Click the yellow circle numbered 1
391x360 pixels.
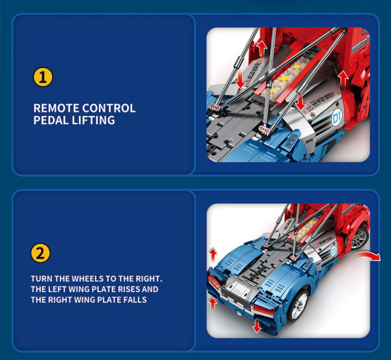pyautogui.click(x=43, y=78)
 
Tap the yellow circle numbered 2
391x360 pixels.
pyautogui.click(x=41, y=254)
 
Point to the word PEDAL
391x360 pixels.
pyautogui.click(x=51, y=121)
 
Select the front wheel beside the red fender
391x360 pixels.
pyautogui.click(x=359, y=237)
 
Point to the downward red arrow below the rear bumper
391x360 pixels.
pyautogui.click(x=256, y=327)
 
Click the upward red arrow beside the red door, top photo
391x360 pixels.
pyautogui.click(x=343, y=78)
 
